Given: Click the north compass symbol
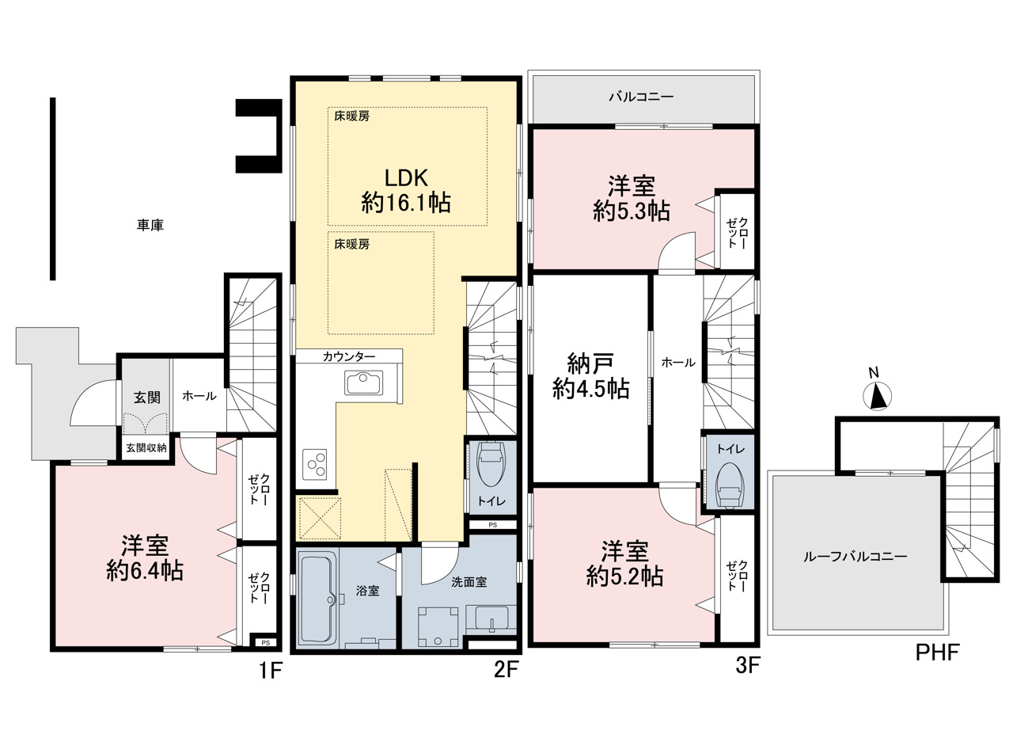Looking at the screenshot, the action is point(877,396).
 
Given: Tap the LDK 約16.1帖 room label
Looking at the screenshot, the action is point(406,191).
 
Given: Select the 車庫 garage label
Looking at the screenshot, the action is point(150,225).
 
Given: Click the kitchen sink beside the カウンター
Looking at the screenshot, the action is point(363,382).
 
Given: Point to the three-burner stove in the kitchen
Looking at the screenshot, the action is point(314,464).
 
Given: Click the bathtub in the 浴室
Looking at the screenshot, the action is point(318,599).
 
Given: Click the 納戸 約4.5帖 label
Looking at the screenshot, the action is point(590,376).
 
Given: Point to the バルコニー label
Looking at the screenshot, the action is point(641,97).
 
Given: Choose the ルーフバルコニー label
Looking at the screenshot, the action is point(856,556).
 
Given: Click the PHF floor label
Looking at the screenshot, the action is point(938,653).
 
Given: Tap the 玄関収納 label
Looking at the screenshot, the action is point(146,448).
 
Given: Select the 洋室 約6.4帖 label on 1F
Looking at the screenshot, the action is point(145,558).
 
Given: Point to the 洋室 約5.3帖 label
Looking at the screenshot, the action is point(632,199).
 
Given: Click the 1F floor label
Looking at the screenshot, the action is point(271,670).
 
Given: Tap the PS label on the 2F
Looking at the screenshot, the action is point(492,525).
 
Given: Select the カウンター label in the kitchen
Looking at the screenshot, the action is point(349,356).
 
